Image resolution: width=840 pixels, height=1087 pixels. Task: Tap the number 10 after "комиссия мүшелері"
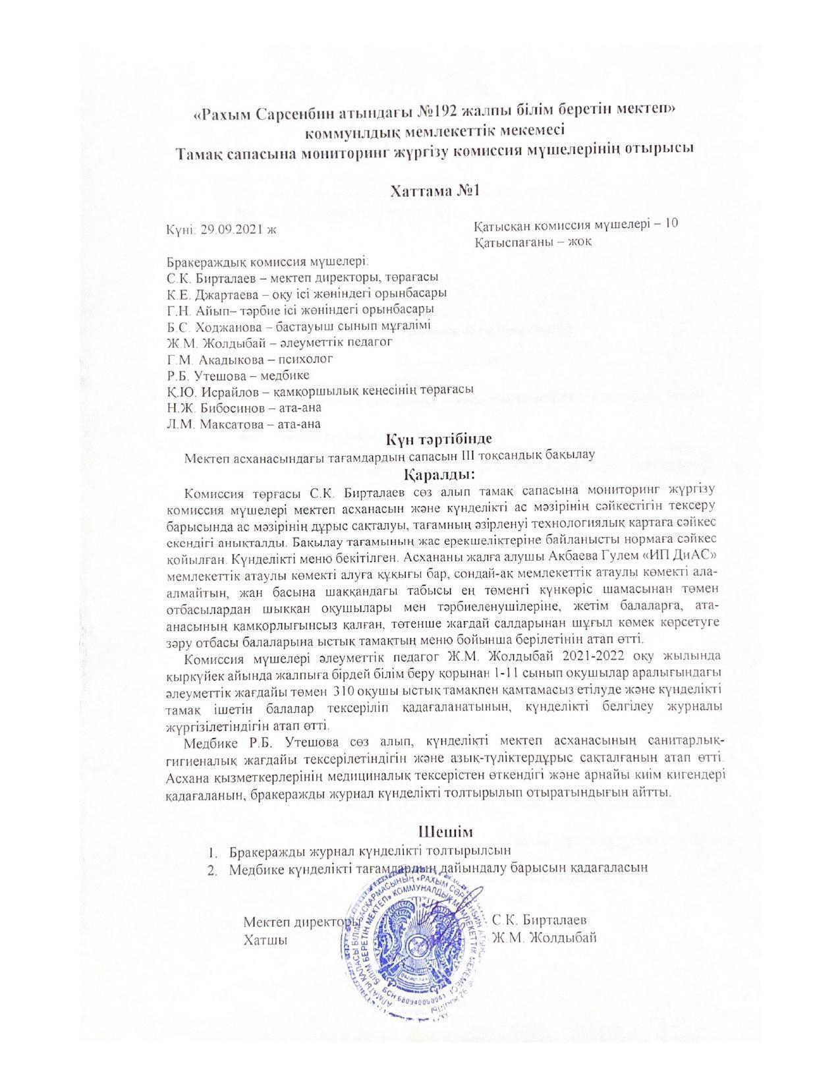click(x=671, y=223)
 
